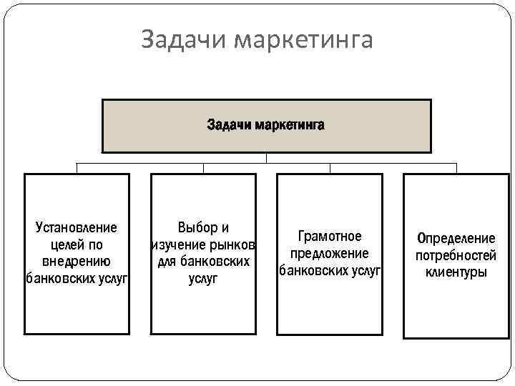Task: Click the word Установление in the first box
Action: pos(77,228)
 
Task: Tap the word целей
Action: pos(60,245)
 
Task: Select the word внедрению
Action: pos(77,262)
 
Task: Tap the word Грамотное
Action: pos(330,237)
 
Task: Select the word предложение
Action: pos(330,254)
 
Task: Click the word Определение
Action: pos(456,239)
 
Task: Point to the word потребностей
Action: pos(456,255)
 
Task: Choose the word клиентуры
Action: pos(456,272)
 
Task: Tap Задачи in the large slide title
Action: pos(180,40)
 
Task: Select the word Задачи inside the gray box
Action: pos(228,126)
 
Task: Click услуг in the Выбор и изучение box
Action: pos(203,279)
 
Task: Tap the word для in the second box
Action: pos(167,262)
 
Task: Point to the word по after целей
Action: pos(96,245)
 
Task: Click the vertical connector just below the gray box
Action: pos(266,158)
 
